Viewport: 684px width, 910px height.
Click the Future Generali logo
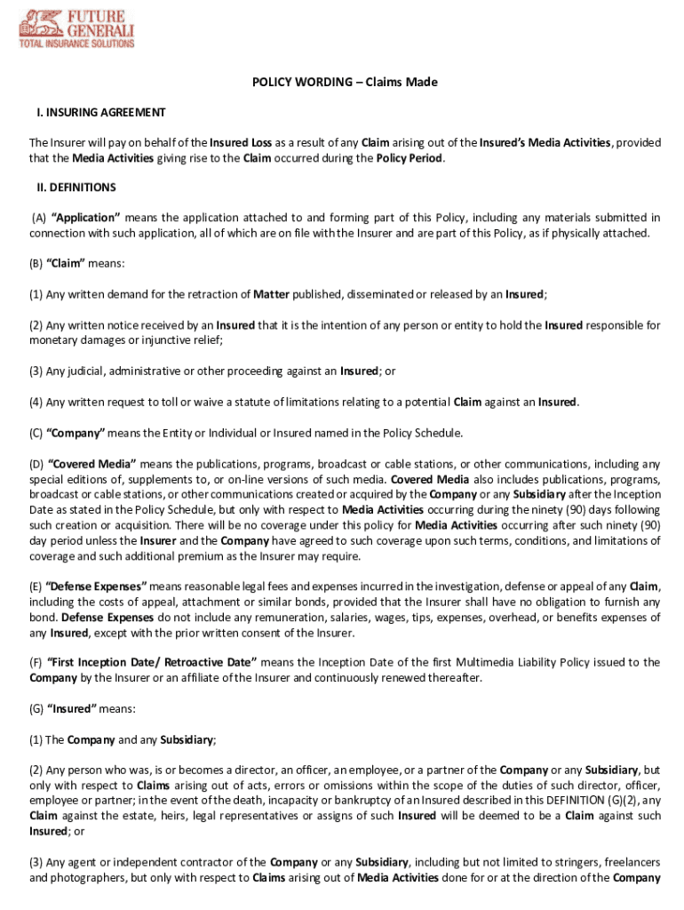(77, 28)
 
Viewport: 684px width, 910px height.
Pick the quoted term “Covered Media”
(91, 464)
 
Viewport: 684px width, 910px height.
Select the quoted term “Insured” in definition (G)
(72, 708)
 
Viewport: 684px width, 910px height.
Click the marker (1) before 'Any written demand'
(36, 294)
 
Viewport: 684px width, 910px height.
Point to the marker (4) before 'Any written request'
(36, 402)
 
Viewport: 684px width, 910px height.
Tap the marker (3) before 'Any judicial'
(36, 371)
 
